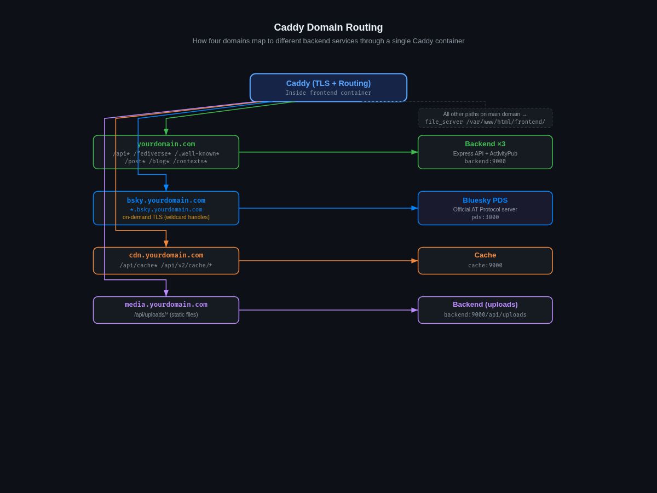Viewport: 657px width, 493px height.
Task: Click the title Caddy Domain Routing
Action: coord(328,27)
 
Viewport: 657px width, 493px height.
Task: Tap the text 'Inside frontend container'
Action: coord(328,93)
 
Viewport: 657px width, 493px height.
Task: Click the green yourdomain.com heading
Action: coord(166,144)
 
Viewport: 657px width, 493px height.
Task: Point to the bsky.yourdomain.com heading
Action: coord(166,200)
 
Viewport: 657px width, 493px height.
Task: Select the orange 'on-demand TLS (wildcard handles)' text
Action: coord(166,217)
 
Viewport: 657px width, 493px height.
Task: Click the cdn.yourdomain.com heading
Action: coord(166,255)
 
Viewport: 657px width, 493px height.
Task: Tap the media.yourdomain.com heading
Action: coord(166,305)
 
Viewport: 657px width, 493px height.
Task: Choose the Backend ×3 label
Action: coord(485,144)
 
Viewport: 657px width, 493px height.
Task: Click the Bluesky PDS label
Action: coord(485,200)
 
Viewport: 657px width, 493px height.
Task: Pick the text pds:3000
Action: coord(485,217)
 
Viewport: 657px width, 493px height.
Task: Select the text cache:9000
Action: coord(485,266)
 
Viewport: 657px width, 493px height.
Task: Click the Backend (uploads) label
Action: coord(485,305)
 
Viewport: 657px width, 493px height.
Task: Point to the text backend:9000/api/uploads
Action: coord(485,315)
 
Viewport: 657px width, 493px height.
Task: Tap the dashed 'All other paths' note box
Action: coord(485,118)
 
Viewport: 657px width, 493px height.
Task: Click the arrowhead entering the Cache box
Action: coord(414,261)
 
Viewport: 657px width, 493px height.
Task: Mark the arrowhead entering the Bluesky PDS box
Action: coord(414,208)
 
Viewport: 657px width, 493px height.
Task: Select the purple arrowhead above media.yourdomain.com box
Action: coord(166,293)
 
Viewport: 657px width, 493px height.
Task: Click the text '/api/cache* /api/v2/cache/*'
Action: coord(166,266)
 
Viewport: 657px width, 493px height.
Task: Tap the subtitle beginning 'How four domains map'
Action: coord(328,41)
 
